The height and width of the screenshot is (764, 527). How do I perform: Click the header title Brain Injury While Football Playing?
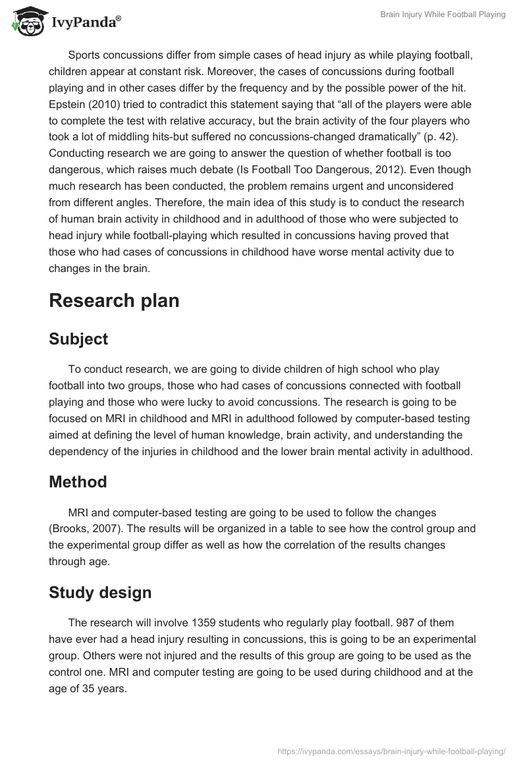[443, 14]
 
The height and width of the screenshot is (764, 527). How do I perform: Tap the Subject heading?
[78, 339]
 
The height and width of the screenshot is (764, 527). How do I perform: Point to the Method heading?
[78, 481]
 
